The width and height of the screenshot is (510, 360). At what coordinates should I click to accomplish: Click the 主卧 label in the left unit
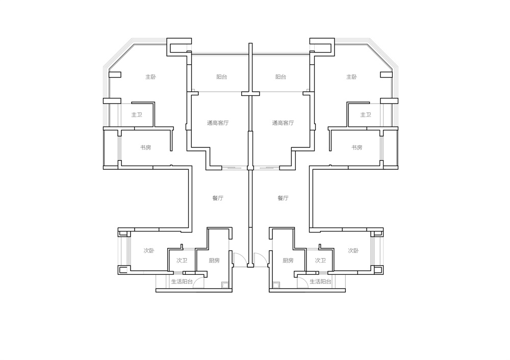150,77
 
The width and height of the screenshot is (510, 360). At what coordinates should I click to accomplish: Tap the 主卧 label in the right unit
351,77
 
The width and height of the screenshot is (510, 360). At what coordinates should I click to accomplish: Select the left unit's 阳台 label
222,77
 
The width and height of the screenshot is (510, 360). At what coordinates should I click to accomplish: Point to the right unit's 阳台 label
280,77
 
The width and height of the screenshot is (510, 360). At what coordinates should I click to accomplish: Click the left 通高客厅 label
218,123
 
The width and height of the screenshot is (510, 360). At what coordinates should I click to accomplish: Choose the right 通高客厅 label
283,123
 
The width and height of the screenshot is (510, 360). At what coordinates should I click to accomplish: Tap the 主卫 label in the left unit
137,115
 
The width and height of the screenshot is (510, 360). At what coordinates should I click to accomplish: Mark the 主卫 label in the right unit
366,115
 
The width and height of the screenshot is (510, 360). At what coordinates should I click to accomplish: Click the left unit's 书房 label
145,148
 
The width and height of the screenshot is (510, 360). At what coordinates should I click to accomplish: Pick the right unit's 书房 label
357,148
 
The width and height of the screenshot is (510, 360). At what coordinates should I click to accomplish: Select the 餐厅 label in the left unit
218,198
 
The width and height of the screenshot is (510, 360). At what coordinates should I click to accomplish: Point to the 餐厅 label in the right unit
283,198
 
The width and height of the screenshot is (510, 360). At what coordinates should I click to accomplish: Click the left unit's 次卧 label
149,251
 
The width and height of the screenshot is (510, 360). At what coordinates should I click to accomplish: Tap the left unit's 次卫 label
182,261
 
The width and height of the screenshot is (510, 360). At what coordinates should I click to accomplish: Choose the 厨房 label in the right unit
288,261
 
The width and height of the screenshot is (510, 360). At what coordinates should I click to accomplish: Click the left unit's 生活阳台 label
182,281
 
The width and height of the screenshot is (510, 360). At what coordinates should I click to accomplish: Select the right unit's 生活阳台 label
320,281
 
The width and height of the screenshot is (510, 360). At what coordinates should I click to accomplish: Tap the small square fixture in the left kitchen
225,285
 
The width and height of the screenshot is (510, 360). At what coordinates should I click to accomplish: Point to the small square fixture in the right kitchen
276,285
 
